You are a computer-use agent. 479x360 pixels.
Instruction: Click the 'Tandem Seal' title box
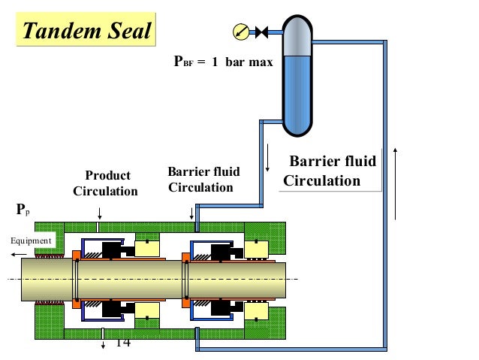(86, 31)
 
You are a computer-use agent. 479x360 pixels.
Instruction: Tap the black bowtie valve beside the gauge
(262, 32)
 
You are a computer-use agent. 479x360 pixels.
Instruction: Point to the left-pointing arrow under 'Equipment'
(18, 254)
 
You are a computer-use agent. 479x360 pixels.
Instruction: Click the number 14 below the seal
(123, 342)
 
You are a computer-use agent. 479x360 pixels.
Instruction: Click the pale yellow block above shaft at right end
(258, 248)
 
